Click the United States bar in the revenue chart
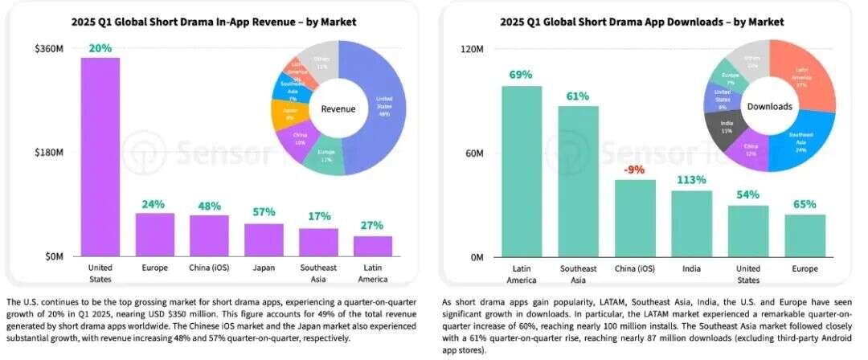(x=100, y=157)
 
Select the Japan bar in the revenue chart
(x=264, y=239)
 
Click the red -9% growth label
(x=635, y=170)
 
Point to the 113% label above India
(x=691, y=180)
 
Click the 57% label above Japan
(x=264, y=212)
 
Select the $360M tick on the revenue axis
(x=49, y=49)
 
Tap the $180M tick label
(x=49, y=153)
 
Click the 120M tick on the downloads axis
(x=472, y=49)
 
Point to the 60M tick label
(x=474, y=153)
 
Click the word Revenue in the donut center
(x=338, y=108)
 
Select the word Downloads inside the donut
(x=769, y=106)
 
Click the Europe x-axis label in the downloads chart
(x=805, y=268)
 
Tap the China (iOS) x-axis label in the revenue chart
(x=210, y=268)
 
